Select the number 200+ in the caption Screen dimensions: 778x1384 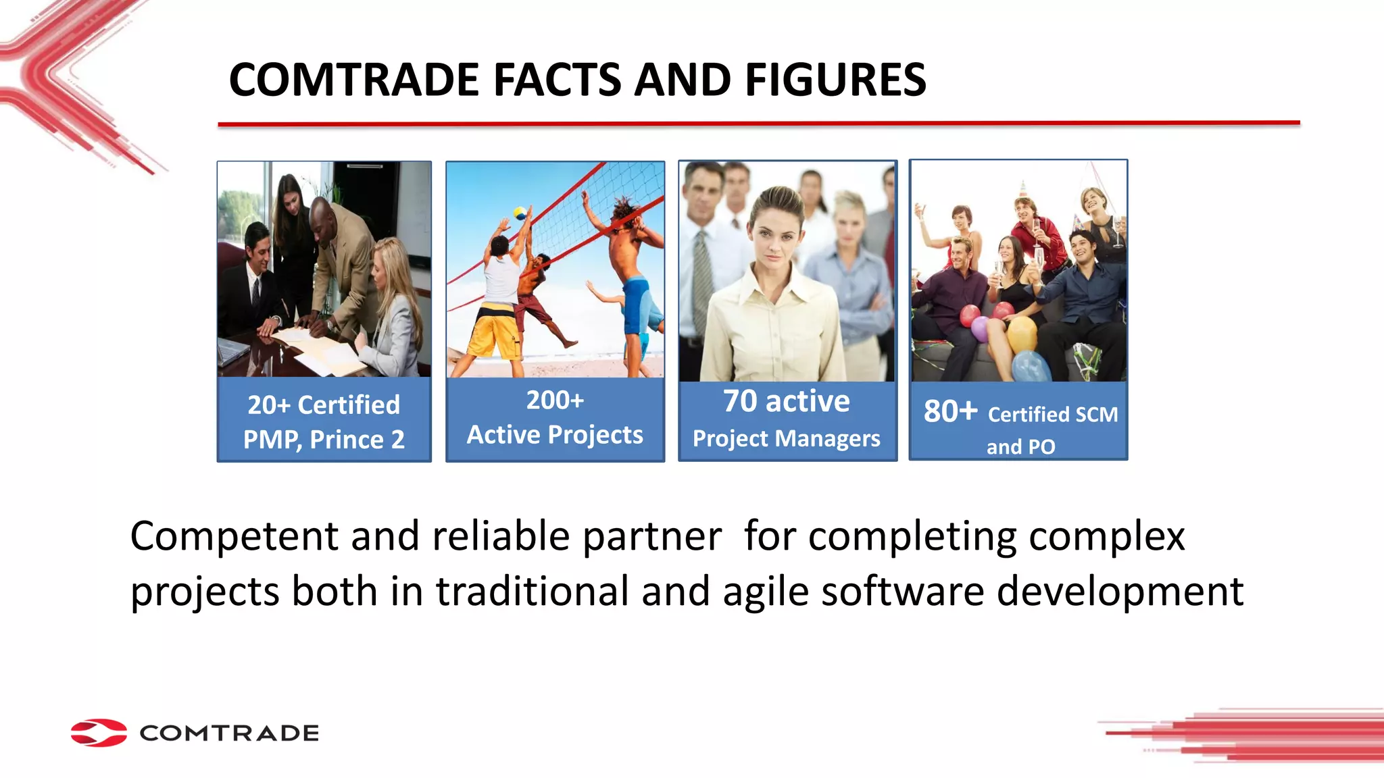coord(555,400)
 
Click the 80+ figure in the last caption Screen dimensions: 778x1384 coord(950,411)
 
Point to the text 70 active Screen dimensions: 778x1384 coord(786,401)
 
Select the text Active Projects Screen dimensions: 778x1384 coord(555,435)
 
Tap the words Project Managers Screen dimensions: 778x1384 coord(786,439)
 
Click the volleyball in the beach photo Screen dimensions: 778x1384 coord(519,213)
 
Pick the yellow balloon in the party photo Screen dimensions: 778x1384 coord(1021,334)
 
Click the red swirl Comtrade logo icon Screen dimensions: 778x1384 coord(99,733)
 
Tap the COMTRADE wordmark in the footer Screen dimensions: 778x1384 coord(229,733)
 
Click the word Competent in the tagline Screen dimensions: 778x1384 coord(234,536)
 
